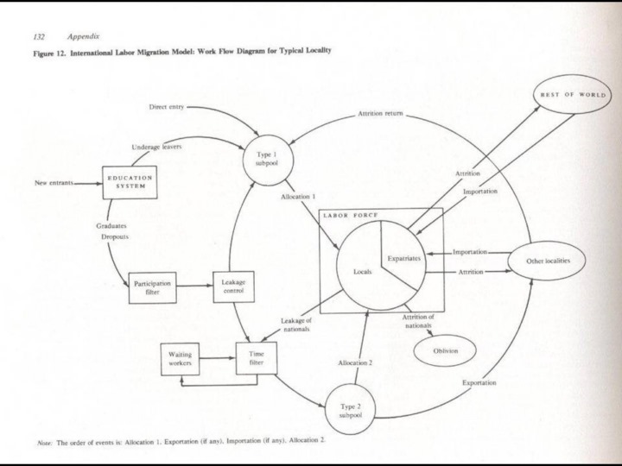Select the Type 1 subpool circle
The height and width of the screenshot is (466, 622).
pos(265,158)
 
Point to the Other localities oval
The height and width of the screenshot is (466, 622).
pos(555,260)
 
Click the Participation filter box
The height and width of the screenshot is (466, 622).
pos(153,287)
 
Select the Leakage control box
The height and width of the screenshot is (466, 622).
pos(235,287)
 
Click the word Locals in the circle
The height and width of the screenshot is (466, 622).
pos(363,271)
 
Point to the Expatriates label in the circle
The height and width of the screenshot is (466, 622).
pos(404,258)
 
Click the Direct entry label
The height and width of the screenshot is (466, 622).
pos(167,107)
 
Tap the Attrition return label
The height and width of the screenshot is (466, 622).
pos(380,114)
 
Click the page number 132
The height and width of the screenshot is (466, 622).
pos(38,37)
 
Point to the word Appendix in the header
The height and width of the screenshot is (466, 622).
pos(83,37)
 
